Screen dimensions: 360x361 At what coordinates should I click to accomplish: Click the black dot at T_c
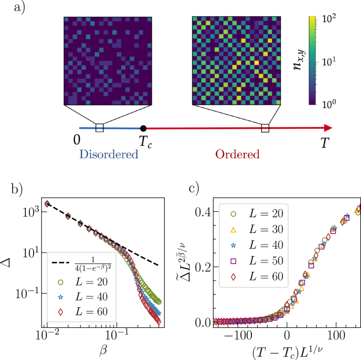click(143, 128)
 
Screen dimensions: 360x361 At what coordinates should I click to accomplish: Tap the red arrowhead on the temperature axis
click(328, 128)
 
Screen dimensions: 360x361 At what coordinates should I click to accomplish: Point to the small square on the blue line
click(99, 128)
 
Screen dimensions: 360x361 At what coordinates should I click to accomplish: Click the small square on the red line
click(265, 128)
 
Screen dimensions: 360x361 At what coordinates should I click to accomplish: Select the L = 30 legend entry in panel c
click(248, 230)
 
